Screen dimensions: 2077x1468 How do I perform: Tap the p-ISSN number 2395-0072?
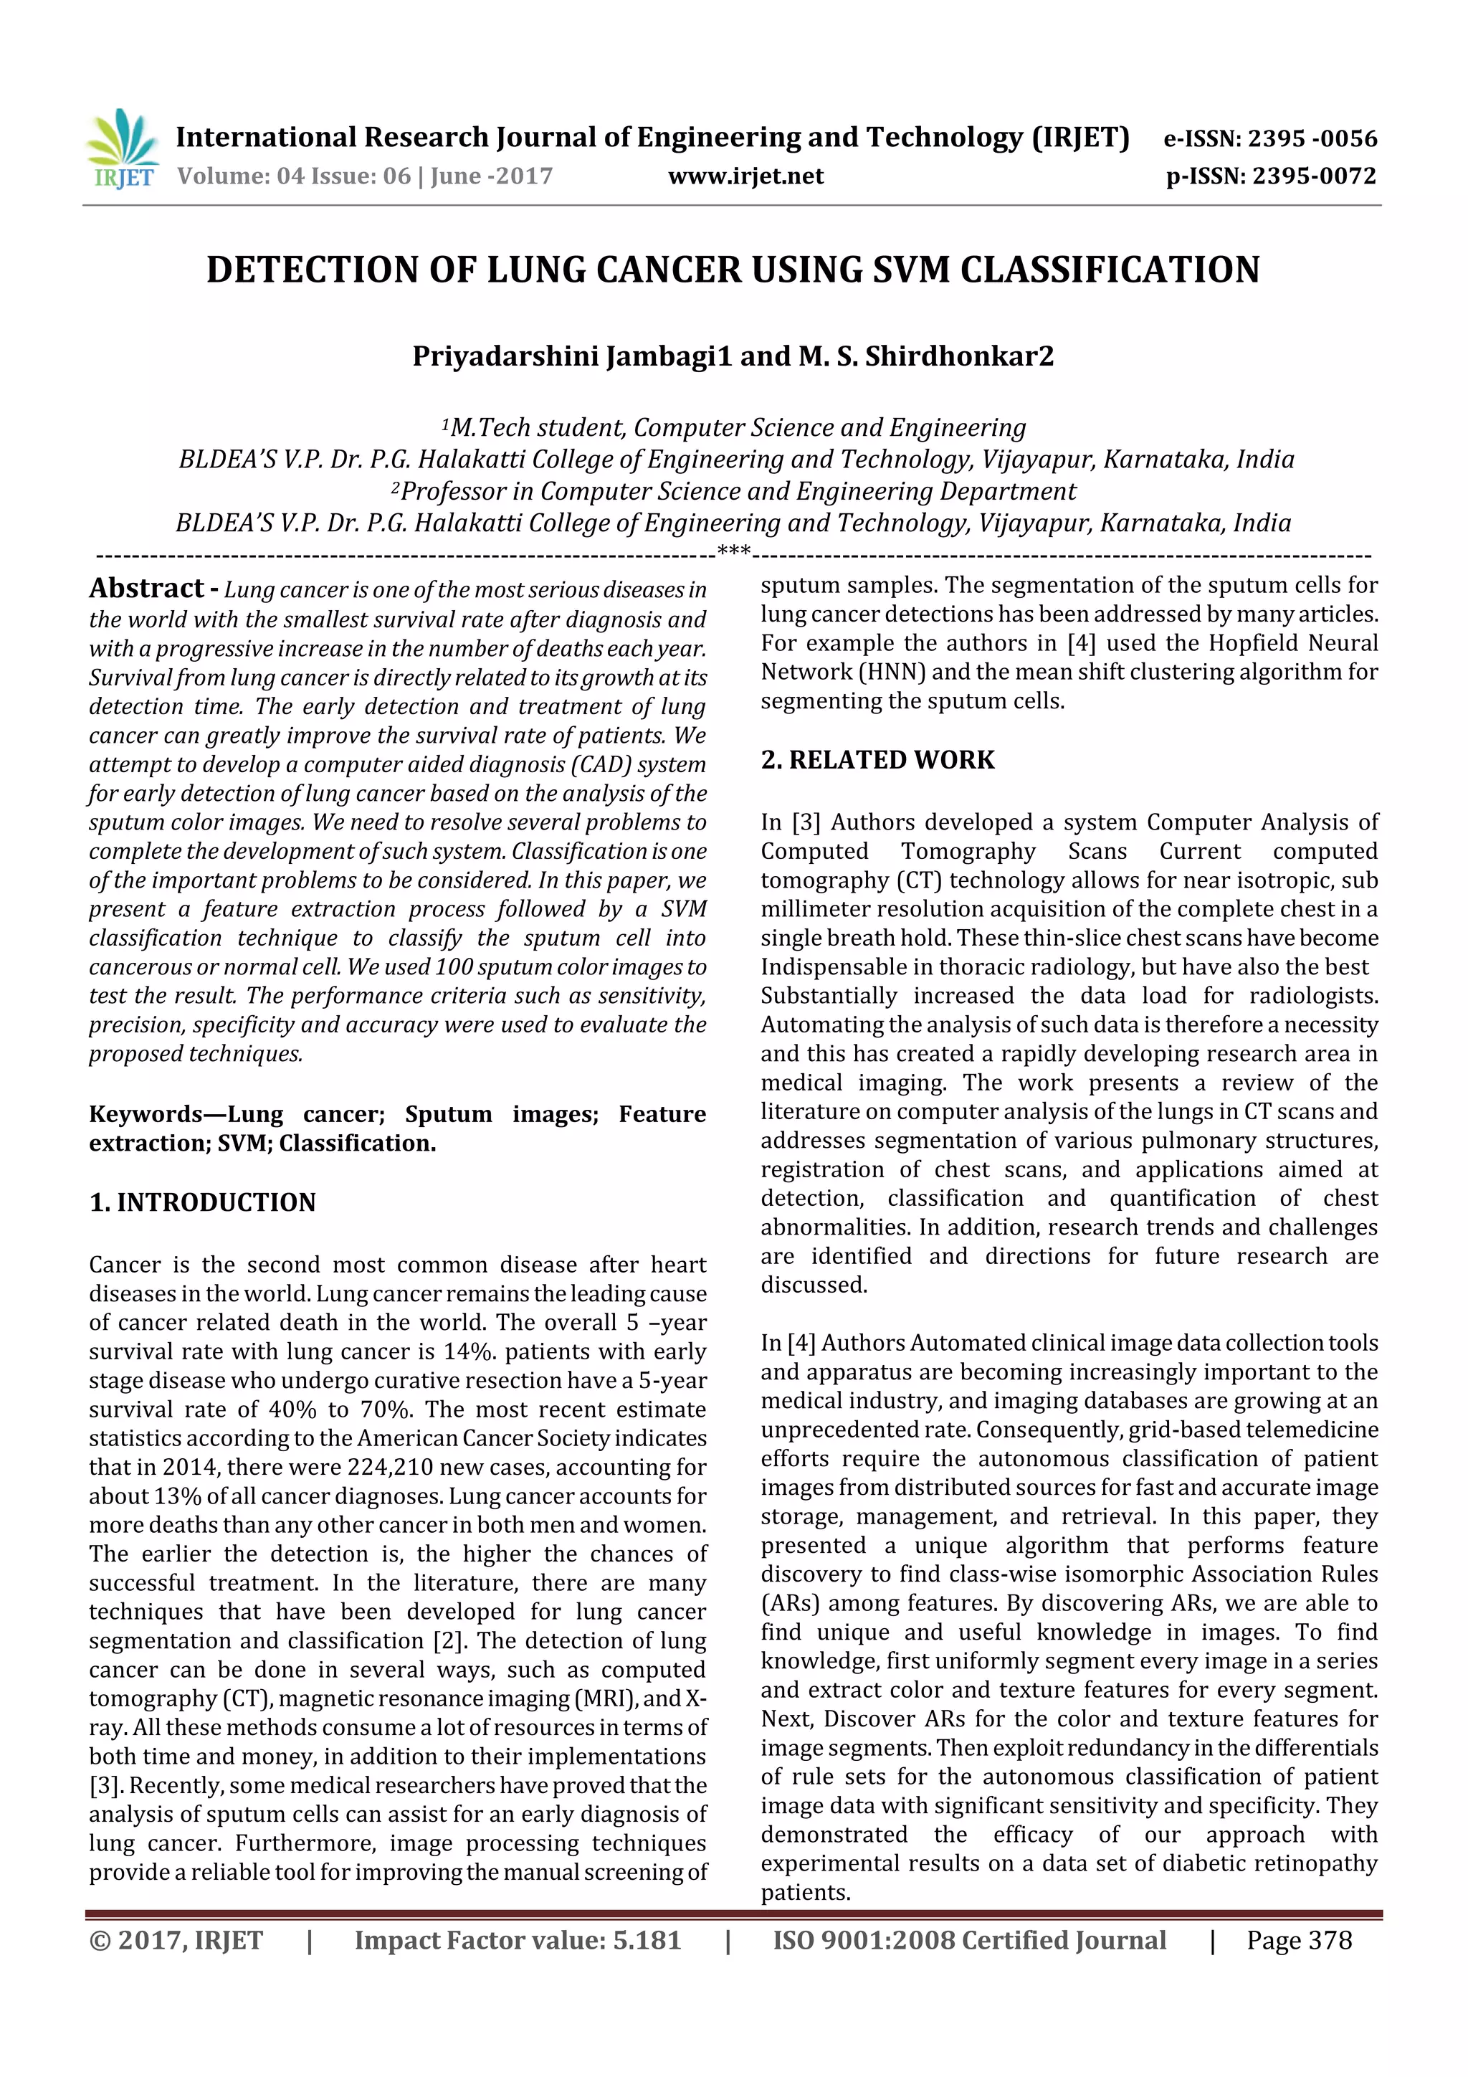point(1313,176)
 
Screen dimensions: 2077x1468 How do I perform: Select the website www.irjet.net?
point(745,176)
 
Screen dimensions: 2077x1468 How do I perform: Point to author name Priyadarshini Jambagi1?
point(571,356)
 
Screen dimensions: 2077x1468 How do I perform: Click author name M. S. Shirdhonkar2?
point(926,356)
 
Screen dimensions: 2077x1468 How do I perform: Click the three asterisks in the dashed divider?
point(733,551)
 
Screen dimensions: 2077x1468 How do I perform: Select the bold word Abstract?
point(146,589)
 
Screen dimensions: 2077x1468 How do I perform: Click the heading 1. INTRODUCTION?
point(203,1202)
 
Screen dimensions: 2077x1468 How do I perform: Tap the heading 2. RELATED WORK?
point(877,760)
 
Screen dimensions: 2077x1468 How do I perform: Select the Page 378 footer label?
point(1299,1940)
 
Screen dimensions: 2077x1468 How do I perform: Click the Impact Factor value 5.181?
point(646,1940)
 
